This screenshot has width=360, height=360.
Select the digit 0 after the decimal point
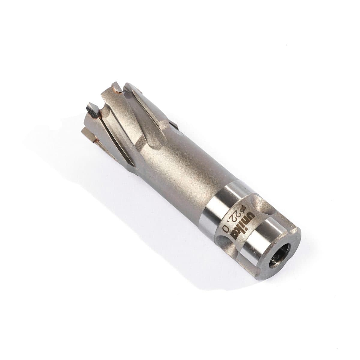point(225,228)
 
